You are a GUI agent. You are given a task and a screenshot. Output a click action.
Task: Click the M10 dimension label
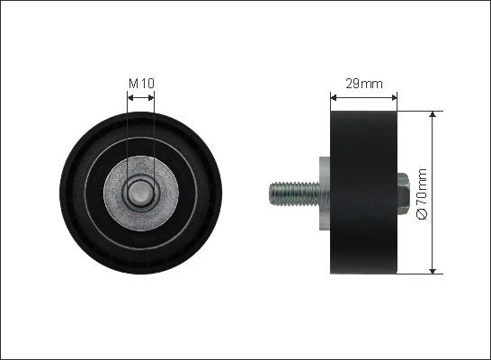click(x=141, y=84)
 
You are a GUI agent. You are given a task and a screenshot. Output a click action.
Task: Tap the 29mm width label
click(x=364, y=84)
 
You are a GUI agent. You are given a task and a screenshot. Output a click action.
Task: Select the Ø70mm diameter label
click(x=423, y=193)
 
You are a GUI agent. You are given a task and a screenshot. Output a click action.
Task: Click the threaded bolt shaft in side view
click(x=294, y=193)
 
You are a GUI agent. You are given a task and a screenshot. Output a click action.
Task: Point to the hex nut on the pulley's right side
click(x=403, y=194)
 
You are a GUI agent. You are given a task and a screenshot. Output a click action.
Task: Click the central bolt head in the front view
click(x=141, y=193)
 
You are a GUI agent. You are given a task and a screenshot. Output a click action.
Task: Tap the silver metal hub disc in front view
click(x=141, y=193)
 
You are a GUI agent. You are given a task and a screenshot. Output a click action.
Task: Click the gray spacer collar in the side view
click(x=325, y=193)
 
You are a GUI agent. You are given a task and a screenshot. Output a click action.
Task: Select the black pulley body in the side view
click(x=363, y=193)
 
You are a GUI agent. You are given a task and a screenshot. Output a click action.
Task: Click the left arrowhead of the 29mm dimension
click(x=334, y=98)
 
